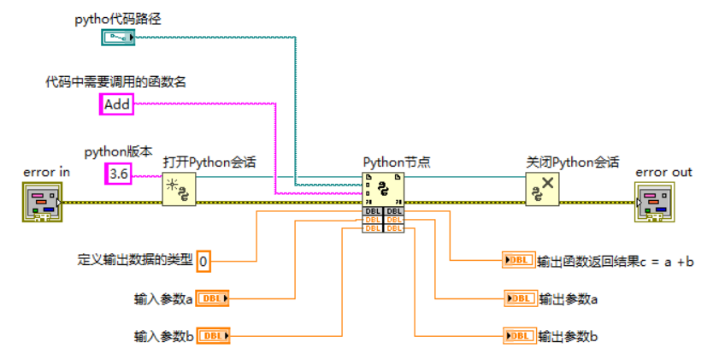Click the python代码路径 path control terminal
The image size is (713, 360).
[118, 37]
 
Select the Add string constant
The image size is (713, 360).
[117, 104]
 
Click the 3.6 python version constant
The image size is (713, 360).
[118, 174]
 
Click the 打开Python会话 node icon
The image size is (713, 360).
[180, 188]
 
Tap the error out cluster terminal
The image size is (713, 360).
[653, 202]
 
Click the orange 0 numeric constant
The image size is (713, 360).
[203, 261]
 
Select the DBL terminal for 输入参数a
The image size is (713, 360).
[213, 298]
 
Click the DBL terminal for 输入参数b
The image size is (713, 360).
[213, 336]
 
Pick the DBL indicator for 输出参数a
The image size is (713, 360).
[519, 298]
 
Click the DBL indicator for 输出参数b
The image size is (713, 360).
[519, 336]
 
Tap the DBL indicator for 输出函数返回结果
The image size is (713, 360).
[518, 261]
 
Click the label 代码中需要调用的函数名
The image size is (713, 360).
[115, 82]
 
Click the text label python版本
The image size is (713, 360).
[118, 152]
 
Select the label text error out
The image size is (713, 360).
[663, 172]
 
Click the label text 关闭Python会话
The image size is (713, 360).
[572, 162]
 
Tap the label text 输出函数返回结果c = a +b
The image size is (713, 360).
[616, 262]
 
